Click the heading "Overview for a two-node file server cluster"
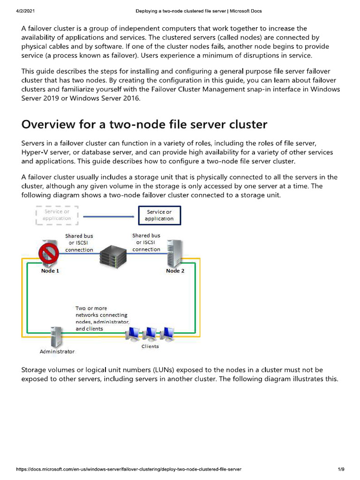click(144, 125)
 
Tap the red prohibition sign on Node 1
click(48, 255)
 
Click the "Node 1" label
click(50, 271)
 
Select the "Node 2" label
click(175, 271)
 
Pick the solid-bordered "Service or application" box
click(159, 215)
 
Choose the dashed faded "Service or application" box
click(57, 215)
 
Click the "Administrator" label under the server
click(56, 351)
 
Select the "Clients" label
click(150, 346)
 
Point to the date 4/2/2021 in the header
click(19, 11)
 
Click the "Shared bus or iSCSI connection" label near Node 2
click(146, 242)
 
